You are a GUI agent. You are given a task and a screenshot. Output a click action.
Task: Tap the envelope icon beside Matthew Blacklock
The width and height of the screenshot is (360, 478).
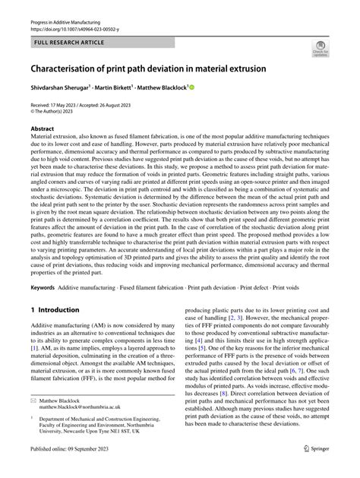click(34, 420)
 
